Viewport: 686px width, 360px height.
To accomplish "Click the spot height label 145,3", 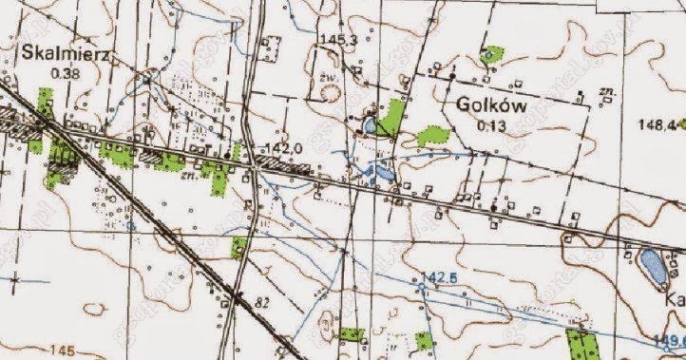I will pyautogui.click(x=337, y=39).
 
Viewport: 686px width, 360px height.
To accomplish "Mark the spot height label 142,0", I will pyautogui.click(x=285, y=148).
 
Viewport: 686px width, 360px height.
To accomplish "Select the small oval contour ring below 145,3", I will pyautogui.click(x=330, y=92).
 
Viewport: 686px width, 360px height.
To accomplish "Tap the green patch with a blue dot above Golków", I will pyautogui.click(x=491, y=54).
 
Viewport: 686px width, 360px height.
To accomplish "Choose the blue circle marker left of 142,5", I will pyautogui.click(x=420, y=284).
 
